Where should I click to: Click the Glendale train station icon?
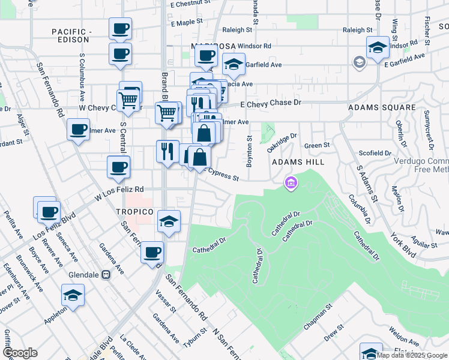point(106,275)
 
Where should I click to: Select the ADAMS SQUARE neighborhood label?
point(382,107)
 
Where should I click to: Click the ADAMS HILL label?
point(298,162)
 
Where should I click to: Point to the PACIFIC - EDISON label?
point(71,35)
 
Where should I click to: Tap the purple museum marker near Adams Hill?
point(291,182)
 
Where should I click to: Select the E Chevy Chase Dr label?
point(270,104)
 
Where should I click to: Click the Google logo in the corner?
point(20,353)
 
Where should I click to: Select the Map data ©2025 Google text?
point(412,355)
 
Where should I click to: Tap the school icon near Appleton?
point(73,295)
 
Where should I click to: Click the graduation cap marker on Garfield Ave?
point(234,64)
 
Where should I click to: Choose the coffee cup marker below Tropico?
point(153,251)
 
